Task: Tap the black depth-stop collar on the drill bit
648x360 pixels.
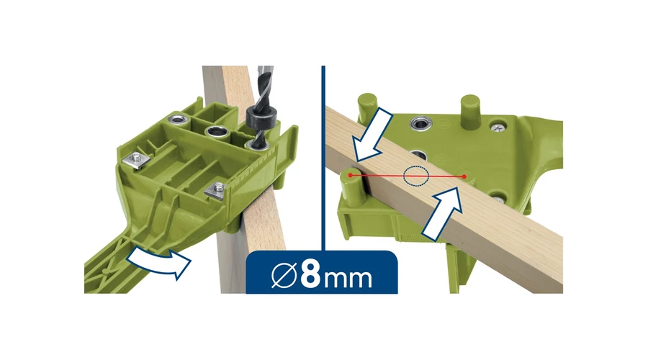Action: pyautogui.click(x=257, y=117)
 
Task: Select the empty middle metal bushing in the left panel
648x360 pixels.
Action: pyautogui.click(x=216, y=133)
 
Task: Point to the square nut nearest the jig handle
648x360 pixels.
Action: pyautogui.click(x=135, y=160)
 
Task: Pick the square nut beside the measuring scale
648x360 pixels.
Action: pyautogui.click(x=216, y=189)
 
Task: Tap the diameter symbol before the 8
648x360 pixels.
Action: pyautogui.click(x=284, y=275)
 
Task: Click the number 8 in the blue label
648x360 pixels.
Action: pyautogui.click(x=310, y=274)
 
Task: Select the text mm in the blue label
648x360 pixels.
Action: pyautogui.click(x=348, y=279)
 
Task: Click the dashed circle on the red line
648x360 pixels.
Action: pyautogui.click(x=416, y=176)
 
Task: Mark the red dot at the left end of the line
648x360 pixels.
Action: pyautogui.click(x=351, y=175)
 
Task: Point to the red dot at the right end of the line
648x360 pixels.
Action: pyautogui.click(x=464, y=176)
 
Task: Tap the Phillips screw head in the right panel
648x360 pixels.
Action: pyautogui.click(x=498, y=127)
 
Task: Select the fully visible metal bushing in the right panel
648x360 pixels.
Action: pyautogui.click(x=421, y=122)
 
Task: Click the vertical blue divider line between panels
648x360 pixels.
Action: pyautogui.click(x=323, y=158)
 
